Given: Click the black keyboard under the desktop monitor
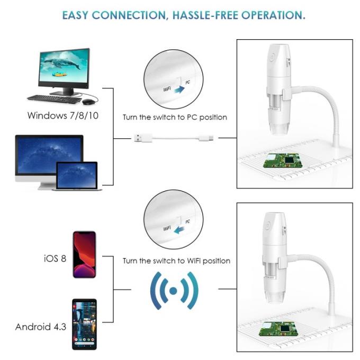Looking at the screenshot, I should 54,98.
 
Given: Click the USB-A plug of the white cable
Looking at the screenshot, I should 139,139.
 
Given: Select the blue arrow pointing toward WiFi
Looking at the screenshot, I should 181,228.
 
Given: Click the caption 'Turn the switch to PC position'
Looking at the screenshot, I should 175,117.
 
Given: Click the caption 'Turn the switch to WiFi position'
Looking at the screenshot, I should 176,260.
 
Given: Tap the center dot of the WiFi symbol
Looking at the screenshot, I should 174,291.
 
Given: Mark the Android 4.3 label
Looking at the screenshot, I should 41,326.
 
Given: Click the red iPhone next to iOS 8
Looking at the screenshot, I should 84,256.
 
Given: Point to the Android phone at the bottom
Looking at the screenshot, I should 84,324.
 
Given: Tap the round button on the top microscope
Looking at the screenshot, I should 271,55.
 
